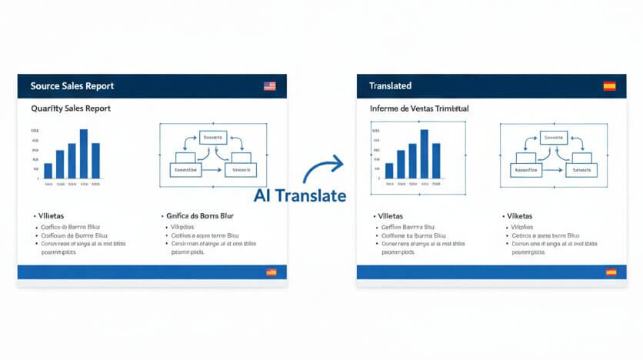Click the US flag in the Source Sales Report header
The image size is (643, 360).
coord(269,86)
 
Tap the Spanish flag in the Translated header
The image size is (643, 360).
coord(609,86)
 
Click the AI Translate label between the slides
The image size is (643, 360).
coord(299,195)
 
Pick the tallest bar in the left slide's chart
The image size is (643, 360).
coord(83,154)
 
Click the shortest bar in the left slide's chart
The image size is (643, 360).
coord(48,171)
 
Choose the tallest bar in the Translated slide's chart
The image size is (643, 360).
coord(424,154)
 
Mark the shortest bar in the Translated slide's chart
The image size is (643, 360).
coord(389,171)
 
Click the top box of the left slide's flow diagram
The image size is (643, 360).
coord(213,138)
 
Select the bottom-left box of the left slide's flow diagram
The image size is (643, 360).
coord(185,169)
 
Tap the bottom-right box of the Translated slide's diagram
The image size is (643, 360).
coord(580,169)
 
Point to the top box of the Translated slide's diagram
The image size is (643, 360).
coord(554,138)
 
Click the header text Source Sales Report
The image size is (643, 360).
coord(72,86)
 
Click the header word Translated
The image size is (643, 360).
coord(390,86)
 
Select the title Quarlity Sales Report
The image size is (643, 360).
coord(71,108)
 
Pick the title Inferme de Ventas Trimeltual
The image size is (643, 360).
coord(419,109)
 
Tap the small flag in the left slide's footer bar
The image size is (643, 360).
coord(271,272)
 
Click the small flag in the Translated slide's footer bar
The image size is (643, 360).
coord(611,272)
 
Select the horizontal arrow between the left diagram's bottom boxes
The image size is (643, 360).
coord(213,170)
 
